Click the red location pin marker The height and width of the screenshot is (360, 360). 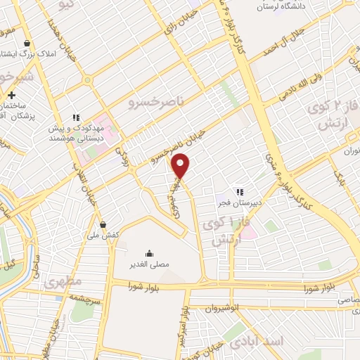(x=181, y=165)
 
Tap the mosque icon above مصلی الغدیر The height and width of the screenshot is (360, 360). (x=149, y=254)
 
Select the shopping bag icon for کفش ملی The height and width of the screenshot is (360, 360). (x=104, y=225)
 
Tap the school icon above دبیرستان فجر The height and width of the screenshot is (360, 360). (x=240, y=191)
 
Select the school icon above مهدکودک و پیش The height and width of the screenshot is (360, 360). (x=75, y=117)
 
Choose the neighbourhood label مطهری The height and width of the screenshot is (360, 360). (x=63, y=283)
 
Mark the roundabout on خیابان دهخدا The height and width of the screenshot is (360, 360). (x=88, y=80)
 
